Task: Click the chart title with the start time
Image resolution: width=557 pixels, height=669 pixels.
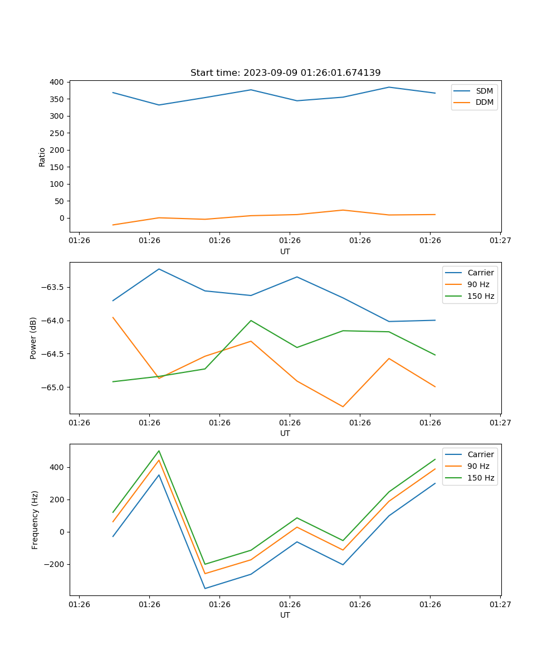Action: [285, 73]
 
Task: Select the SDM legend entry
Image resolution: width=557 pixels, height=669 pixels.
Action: [484, 91]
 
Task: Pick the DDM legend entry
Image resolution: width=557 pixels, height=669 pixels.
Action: [484, 103]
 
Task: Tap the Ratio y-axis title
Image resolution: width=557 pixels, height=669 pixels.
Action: [42, 157]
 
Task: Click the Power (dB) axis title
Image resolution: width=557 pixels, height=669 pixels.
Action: [33, 338]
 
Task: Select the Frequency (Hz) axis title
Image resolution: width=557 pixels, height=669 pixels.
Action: [35, 520]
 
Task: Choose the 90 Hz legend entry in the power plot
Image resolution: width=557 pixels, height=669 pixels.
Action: [478, 284]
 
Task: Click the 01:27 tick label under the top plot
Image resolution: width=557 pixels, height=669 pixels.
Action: [500, 241]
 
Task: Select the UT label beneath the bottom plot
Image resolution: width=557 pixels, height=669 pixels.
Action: [285, 615]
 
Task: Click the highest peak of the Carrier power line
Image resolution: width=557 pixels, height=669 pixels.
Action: [159, 269]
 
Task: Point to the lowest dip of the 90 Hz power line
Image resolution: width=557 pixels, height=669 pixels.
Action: [343, 406]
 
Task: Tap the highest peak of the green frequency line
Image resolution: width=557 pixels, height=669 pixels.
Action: [159, 450]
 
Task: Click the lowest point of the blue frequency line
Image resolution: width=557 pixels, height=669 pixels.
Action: [205, 588]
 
